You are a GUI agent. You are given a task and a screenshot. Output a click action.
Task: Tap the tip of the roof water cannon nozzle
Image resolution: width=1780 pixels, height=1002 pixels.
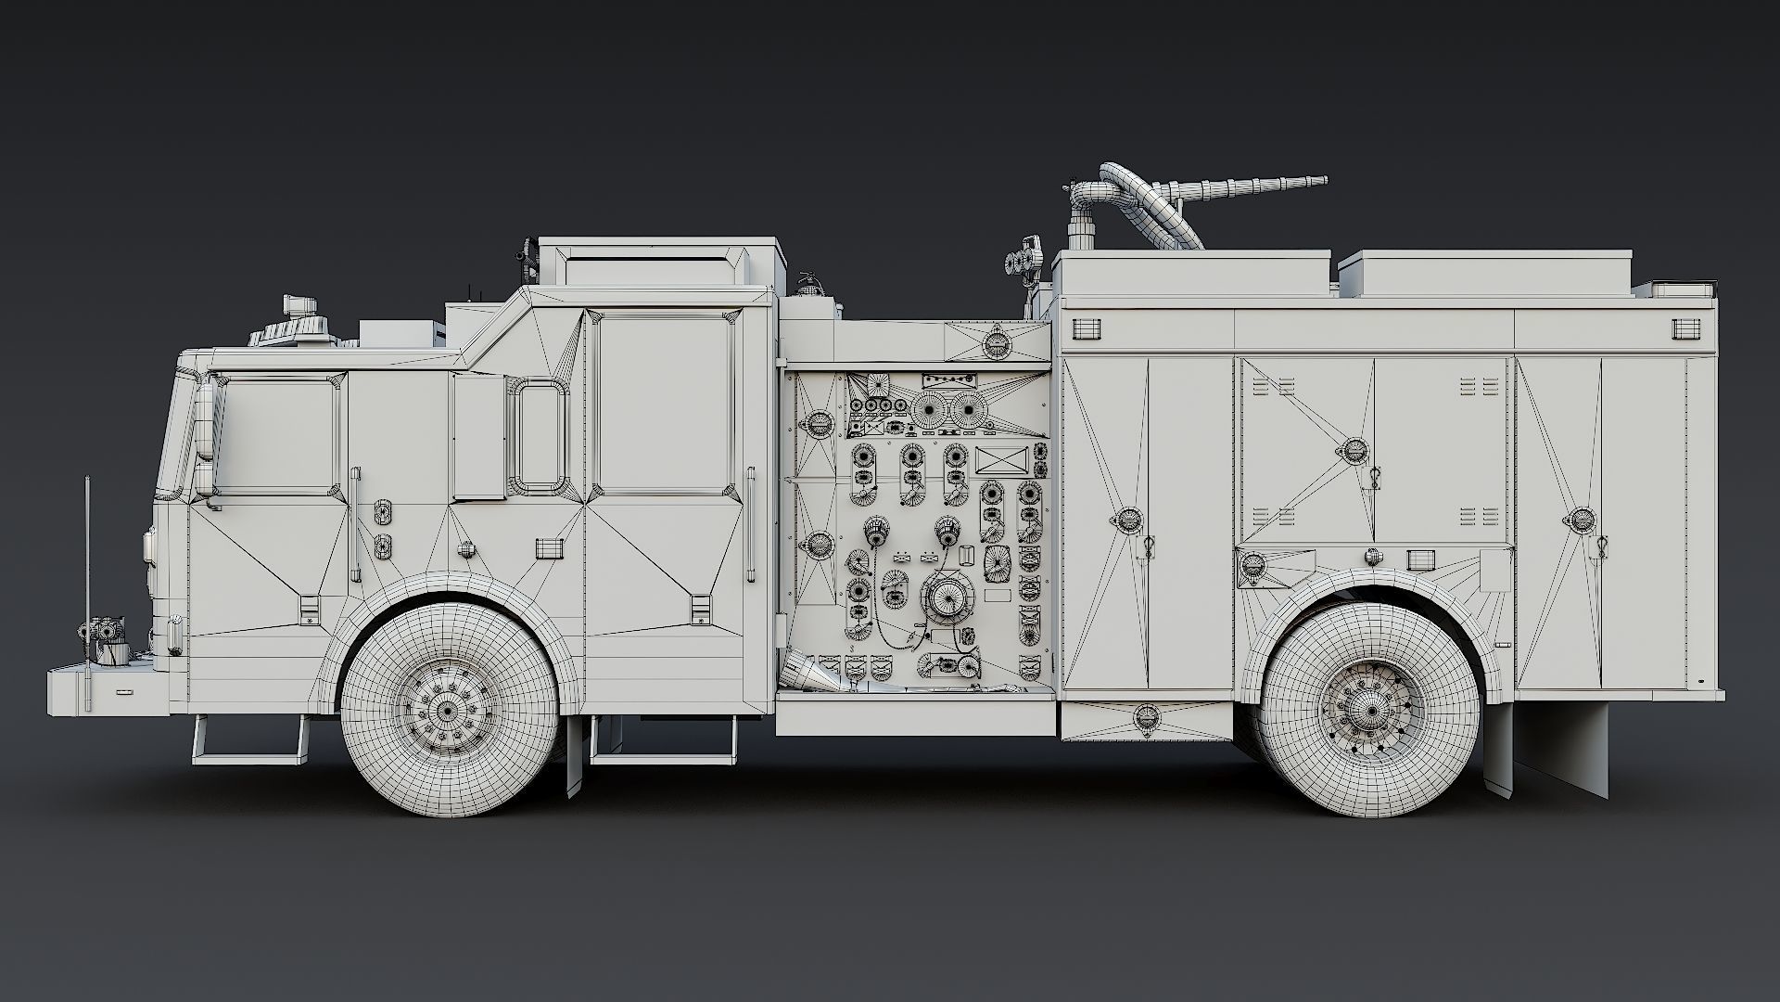click(1323, 180)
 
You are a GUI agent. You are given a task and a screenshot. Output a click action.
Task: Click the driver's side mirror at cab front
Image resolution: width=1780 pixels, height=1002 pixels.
click(205, 436)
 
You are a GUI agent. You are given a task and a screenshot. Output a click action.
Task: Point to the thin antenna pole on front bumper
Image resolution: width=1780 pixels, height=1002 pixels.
click(87, 594)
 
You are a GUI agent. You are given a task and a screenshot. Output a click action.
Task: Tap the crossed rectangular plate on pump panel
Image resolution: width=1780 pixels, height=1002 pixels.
click(1004, 461)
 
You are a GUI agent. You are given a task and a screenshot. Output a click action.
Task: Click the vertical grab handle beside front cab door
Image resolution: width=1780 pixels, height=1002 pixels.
click(353, 524)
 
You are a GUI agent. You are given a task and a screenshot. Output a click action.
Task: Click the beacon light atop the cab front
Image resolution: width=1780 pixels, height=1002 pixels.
click(299, 307)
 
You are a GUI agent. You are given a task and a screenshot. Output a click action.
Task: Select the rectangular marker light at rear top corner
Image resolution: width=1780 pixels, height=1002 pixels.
click(1686, 328)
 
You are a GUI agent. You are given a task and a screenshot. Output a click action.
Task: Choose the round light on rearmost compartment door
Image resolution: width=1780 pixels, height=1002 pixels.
click(1582, 520)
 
